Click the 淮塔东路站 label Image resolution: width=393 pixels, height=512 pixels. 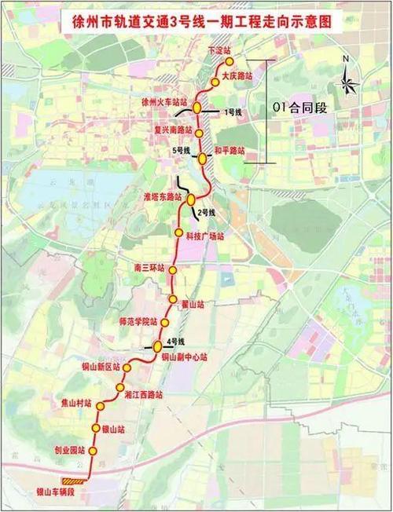[163, 196]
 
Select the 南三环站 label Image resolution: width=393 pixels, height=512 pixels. [149, 268]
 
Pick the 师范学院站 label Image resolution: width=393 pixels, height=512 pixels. [141, 322]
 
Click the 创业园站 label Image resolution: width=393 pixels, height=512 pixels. [69, 452]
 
